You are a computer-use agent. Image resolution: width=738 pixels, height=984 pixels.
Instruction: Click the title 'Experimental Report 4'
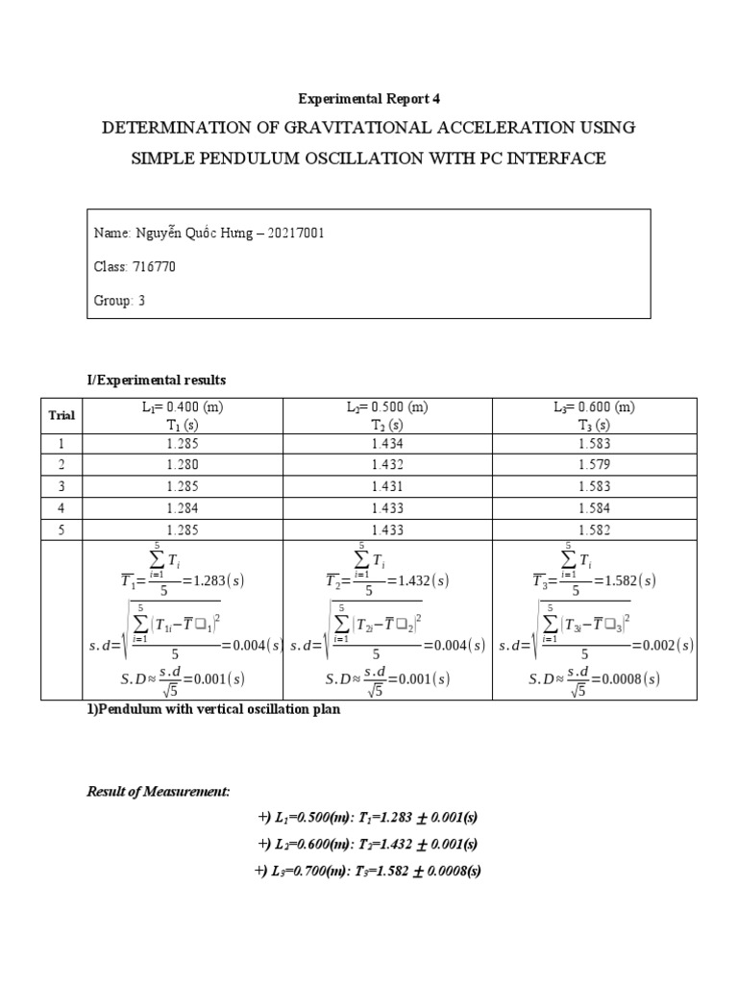pos(368,98)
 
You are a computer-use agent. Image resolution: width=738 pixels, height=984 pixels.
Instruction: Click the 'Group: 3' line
pos(119,300)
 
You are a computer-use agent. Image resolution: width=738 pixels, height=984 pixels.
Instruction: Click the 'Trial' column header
pos(62,415)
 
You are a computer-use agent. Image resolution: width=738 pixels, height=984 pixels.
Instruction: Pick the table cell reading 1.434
pos(387,444)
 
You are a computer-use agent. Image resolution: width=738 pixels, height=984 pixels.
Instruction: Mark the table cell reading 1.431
pos(387,486)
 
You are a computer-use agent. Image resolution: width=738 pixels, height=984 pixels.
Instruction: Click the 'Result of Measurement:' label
pos(159,791)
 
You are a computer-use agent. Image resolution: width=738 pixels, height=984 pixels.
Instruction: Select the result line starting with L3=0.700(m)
pos(368,871)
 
